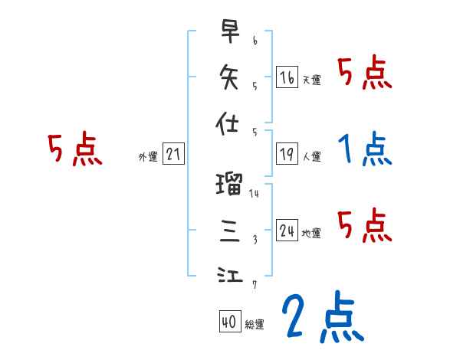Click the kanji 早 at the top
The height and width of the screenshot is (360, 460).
click(231, 33)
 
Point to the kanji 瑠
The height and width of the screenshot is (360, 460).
click(231, 184)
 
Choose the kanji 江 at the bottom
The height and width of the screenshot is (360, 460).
click(231, 274)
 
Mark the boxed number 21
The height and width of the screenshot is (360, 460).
click(173, 155)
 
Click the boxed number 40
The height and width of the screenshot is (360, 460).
click(229, 322)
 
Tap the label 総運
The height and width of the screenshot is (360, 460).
click(255, 324)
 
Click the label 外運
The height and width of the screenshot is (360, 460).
click(148, 157)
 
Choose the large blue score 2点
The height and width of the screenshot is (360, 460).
click(322, 318)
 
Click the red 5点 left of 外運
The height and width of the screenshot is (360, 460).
click(75, 150)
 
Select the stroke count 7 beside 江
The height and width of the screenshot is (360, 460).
click(254, 285)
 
